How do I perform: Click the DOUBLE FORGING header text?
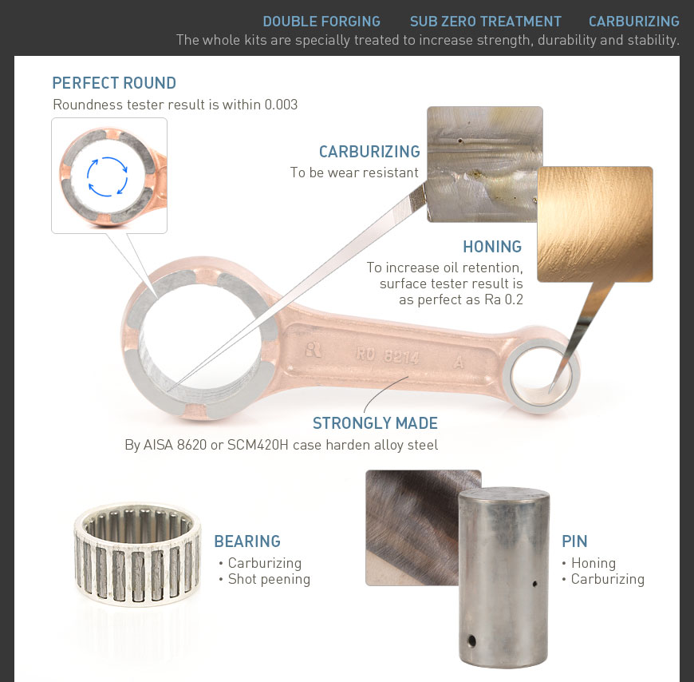(x=321, y=22)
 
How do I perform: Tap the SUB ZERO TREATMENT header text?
(x=485, y=22)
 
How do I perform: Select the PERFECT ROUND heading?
(x=114, y=83)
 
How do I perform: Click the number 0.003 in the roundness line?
(x=281, y=105)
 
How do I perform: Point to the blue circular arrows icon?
(x=108, y=176)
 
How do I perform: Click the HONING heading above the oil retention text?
(x=492, y=247)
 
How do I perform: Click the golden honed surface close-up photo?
(x=595, y=224)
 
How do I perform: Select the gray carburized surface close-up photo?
(x=485, y=164)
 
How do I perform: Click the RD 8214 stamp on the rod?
(x=388, y=355)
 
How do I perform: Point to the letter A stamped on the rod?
(x=459, y=363)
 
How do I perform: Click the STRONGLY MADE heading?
(x=376, y=423)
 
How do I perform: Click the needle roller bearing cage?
(x=137, y=554)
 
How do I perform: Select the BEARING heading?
(x=247, y=541)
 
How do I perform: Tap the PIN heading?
(x=574, y=541)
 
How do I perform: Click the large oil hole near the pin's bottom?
(x=471, y=640)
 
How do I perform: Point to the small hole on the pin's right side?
(x=534, y=584)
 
